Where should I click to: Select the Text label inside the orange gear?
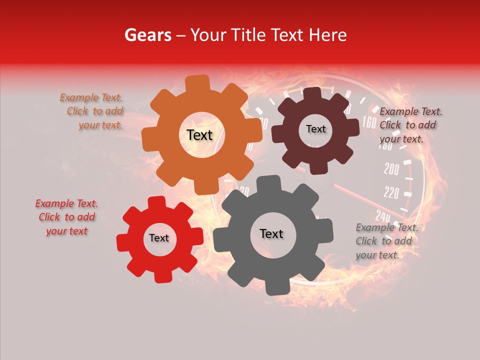pos(199,135)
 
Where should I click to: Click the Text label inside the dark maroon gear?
pos(315,129)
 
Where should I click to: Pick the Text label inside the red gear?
pos(159,238)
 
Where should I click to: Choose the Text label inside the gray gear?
pos(271,233)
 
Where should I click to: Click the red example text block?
pos(67,217)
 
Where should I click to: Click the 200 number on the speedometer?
pos(391,169)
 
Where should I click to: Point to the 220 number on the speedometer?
pos(391,192)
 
